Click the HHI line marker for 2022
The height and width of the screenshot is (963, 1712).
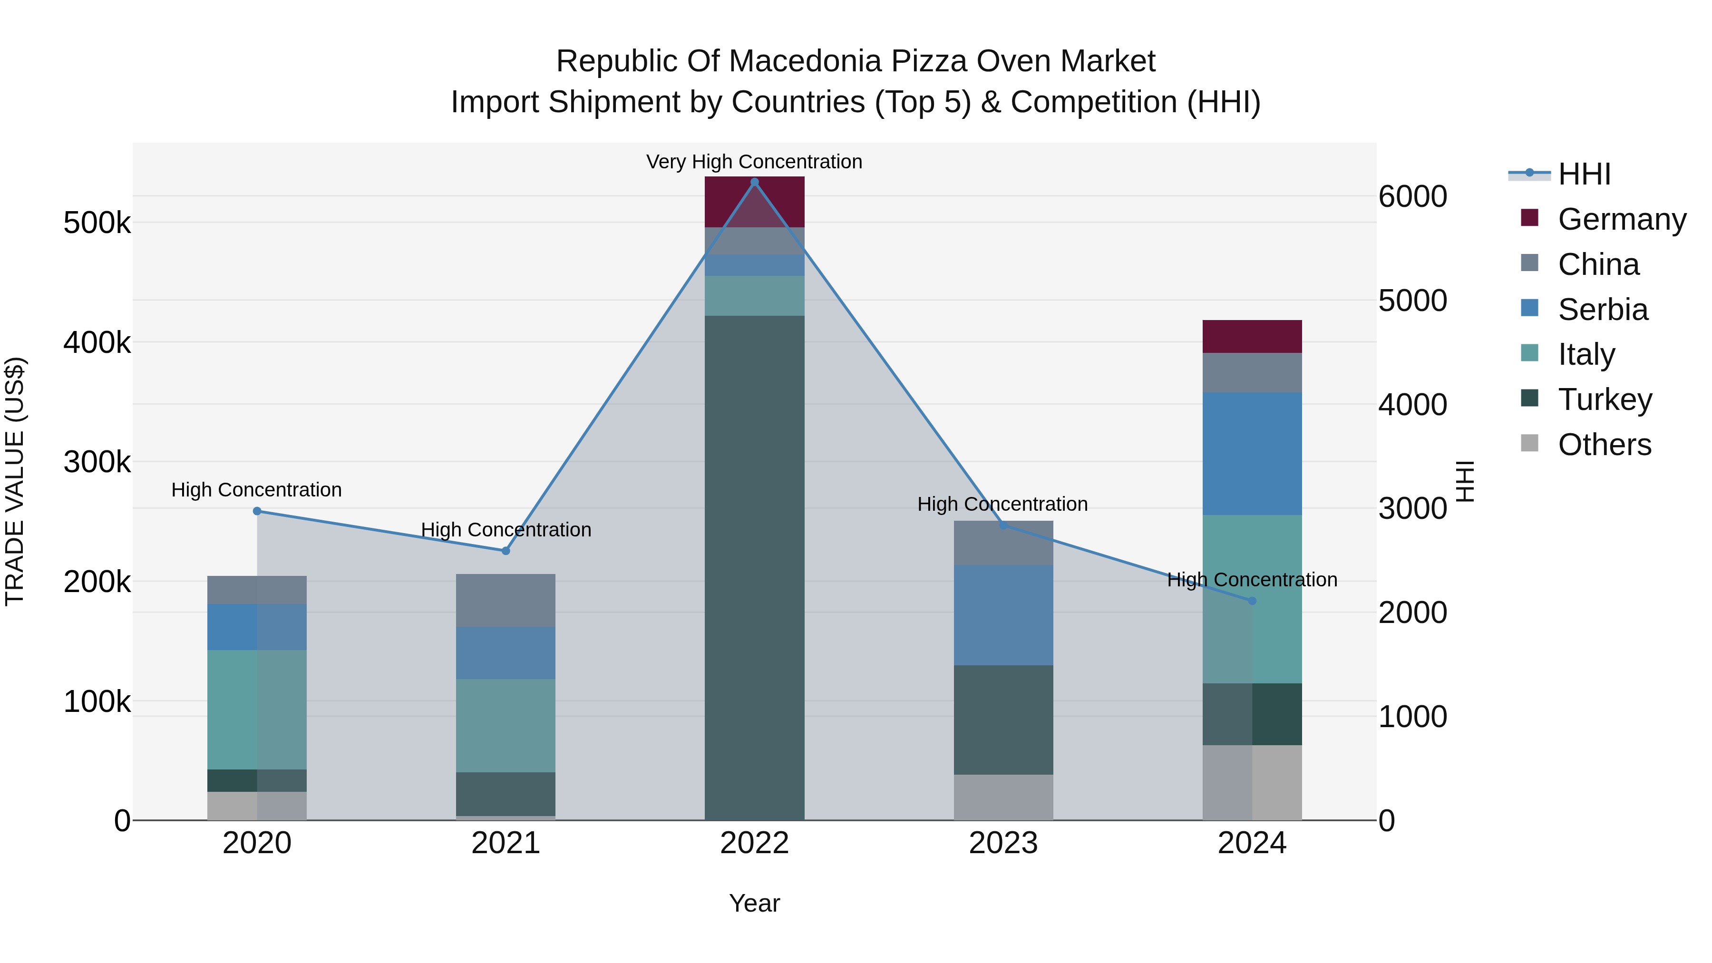pyautogui.click(x=754, y=182)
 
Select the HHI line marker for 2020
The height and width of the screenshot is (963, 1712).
pyautogui.click(x=257, y=511)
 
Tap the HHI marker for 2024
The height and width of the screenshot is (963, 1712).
pyautogui.click(x=1252, y=601)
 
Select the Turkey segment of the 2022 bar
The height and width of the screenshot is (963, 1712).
pyautogui.click(x=754, y=565)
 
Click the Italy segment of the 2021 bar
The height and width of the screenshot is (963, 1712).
pyautogui.click(x=506, y=725)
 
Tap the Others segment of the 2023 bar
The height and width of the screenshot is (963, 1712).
pyautogui.click(x=1003, y=797)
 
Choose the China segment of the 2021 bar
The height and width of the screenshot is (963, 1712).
pyautogui.click(x=506, y=600)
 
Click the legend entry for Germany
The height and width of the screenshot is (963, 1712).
pyautogui.click(x=1622, y=219)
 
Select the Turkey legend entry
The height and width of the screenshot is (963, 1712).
pyautogui.click(x=1605, y=399)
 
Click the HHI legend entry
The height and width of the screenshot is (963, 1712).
pyautogui.click(x=1584, y=174)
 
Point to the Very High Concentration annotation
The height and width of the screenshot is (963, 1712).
pyautogui.click(x=754, y=162)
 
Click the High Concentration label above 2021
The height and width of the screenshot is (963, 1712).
pyautogui.click(x=506, y=530)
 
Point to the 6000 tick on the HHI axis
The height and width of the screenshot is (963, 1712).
pyautogui.click(x=1412, y=197)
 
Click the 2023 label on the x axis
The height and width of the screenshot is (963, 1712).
pyautogui.click(x=1003, y=843)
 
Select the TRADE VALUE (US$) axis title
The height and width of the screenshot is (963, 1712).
pyautogui.click(x=15, y=481)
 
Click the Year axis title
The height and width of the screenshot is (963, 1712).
pyautogui.click(x=754, y=903)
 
